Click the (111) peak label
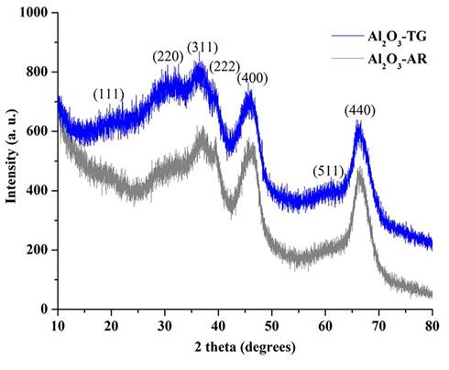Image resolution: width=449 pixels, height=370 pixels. [110, 94]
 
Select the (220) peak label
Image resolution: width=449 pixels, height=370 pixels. [168, 57]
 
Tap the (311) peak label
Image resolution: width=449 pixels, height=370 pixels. [201, 46]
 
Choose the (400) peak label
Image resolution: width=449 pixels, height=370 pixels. [252, 78]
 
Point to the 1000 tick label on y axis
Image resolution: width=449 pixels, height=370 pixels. [36, 13]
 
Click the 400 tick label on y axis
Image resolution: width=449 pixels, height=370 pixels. [39, 191]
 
